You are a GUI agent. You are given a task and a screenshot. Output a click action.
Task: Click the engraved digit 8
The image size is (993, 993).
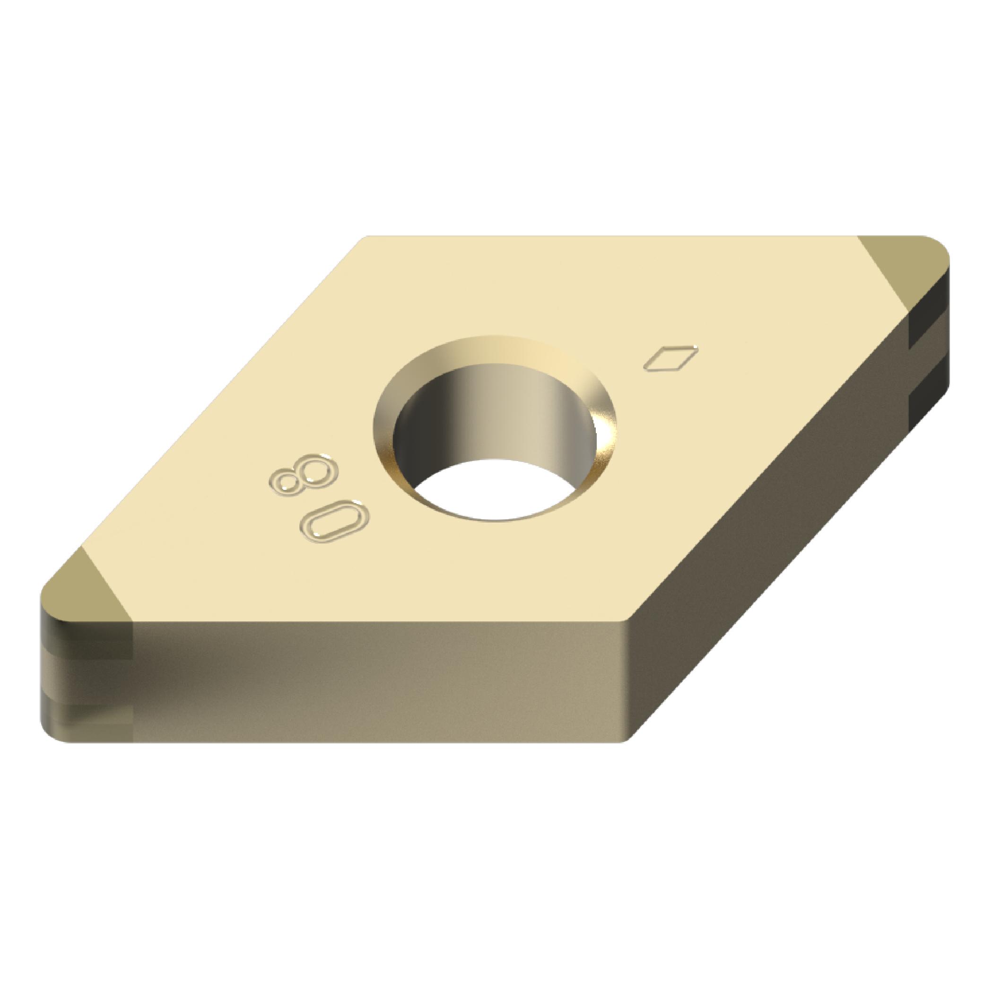(x=302, y=475)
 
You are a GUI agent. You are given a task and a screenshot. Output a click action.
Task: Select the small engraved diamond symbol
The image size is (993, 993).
(x=672, y=356)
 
